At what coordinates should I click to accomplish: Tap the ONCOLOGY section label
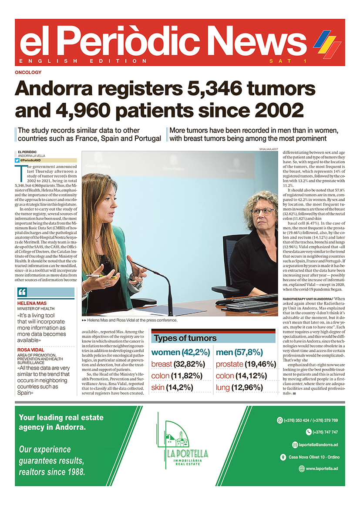[28, 72]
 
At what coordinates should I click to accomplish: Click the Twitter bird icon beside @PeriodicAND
[17, 160]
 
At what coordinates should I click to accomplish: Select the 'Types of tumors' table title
[185, 338]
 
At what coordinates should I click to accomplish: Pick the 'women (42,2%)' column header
[181, 352]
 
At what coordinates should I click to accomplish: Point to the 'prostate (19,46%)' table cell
[246, 364]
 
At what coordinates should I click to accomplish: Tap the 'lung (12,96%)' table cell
[239, 387]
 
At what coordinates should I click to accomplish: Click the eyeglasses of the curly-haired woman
[262, 212]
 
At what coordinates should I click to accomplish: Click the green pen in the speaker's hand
[100, 276]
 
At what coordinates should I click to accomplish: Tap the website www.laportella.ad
[322, 468]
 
